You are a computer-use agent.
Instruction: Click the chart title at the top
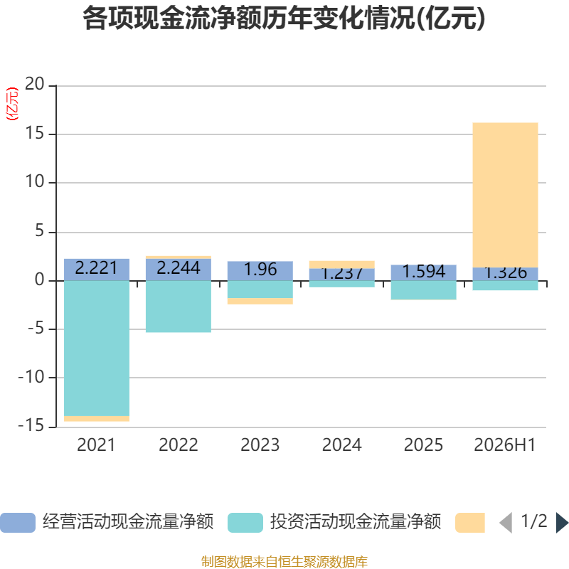[284, 18]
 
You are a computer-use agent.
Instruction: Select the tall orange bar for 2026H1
[505, 195]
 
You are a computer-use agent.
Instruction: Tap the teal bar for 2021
[97, 349]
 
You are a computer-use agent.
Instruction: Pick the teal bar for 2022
[179, 307]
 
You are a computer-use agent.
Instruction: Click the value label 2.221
[96, 268]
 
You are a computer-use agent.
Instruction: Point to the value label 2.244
[179, 268]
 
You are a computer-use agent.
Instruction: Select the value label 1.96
[260, 270]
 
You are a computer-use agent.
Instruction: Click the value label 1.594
[423, 272]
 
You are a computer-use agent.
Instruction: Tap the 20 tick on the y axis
[34, 84]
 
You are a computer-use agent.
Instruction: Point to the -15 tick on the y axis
[31, 425]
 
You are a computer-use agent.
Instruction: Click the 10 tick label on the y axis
[34, 181]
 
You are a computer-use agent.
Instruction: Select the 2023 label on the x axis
[260, 445]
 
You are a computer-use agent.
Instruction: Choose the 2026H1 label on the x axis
[505, 445]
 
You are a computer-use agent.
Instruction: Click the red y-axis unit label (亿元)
[12, 104]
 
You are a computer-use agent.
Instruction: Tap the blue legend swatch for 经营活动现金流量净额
[18, 523]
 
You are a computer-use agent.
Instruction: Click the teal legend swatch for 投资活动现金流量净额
[245, 523]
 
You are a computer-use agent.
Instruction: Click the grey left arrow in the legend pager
[506, 523]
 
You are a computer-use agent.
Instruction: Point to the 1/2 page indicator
[534, 521]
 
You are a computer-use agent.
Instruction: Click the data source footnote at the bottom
[284, 561]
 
